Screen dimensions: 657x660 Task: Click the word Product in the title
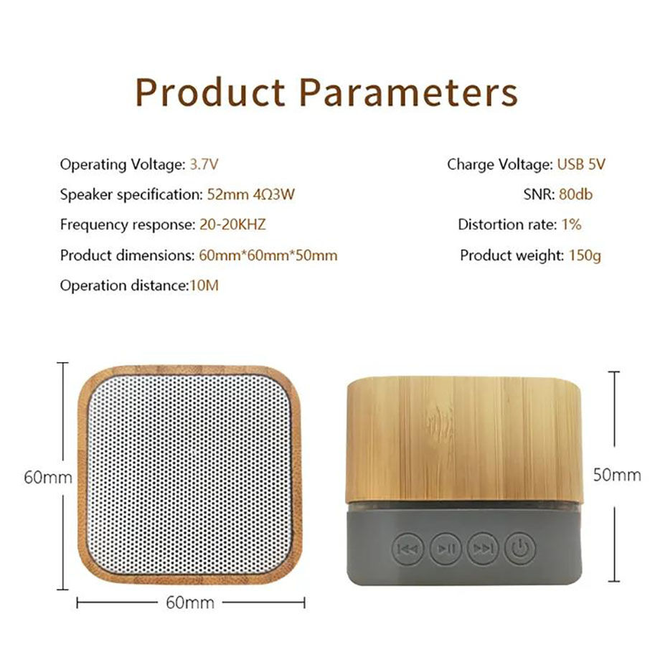click(x=212, y=93)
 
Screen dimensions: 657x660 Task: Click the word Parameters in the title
click(x=408, y=93)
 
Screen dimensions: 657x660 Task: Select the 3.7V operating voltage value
click(x=204, y=164)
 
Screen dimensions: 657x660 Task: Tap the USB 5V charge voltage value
click(x=581, y=164)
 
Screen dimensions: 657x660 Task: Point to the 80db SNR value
click(x=575, y=194)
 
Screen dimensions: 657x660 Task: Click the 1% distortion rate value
click(x=571, y=224)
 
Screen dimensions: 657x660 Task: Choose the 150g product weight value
click(x=585, y=255)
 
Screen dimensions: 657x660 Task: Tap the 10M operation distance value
click(x=204, y=285)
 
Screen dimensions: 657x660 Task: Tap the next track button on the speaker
click(x=482, y=549)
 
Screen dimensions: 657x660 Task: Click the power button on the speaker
click(x=519, y=549)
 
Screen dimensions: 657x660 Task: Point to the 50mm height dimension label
click(x=617, y=475)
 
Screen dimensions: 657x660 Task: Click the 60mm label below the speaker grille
click(x=190, y=602)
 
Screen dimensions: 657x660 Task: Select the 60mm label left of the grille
click(x=47, y=478)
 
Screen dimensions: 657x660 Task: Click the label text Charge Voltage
click(x=499, y=164)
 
